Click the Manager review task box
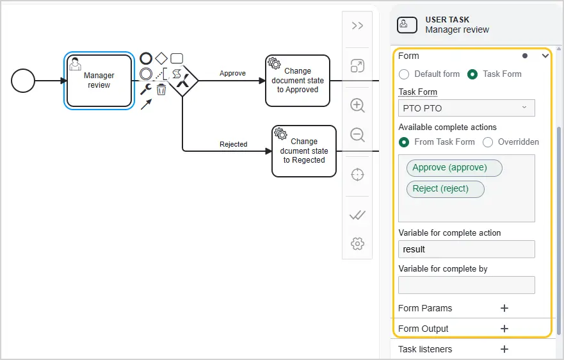[99, 81]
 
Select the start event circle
[23, 81]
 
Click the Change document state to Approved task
[298, 81]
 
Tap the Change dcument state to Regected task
[304, 151]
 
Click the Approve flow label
[233, 73]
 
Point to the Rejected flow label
[234, 144]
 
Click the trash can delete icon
[161, 89]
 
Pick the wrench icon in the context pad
[146, 89]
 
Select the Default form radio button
[404, 74]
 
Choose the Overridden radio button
[488, 142]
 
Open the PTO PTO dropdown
[467, 108]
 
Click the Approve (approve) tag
[455, 168]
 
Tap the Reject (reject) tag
[446, 189]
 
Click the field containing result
[467, 249]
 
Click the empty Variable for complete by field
[467, 285]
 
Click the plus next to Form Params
[504, 308]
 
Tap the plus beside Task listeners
[504, 349]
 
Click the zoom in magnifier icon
[357, 106]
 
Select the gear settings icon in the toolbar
[357, 243]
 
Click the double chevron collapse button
[357, 26]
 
